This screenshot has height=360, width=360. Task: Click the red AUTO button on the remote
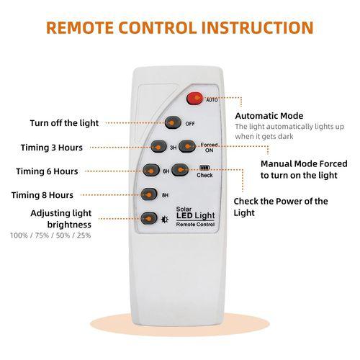click(x=195, y=98)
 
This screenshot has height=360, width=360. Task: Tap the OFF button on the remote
click(x=173, y=122)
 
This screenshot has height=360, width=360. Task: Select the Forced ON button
click(x=187, y=146)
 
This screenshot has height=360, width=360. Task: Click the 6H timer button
click(x=151, y=170)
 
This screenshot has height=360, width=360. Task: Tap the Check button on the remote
click(x=180, y=169)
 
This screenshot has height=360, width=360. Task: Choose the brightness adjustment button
click(x=149, y=218)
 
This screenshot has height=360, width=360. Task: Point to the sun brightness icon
click(x=165, y=219)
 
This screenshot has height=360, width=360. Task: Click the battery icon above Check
click(x=204, y=167)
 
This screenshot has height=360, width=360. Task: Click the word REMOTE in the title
click(x=80, y=27)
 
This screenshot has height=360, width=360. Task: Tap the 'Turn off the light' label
click(x=64, y=123)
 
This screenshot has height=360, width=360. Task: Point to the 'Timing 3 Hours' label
click(x=52, y=148)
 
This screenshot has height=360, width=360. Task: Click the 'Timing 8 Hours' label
click(x=42, y=195)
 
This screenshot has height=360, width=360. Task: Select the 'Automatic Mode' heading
click(x=269, y=116)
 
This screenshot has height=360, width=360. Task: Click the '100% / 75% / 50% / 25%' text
click(x=50, y=235)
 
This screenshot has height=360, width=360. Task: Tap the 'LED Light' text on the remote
click(x=196, y=216)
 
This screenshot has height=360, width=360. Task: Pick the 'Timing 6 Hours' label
click(x=47, y=171)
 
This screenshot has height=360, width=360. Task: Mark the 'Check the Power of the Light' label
click(x=281, y=207)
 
